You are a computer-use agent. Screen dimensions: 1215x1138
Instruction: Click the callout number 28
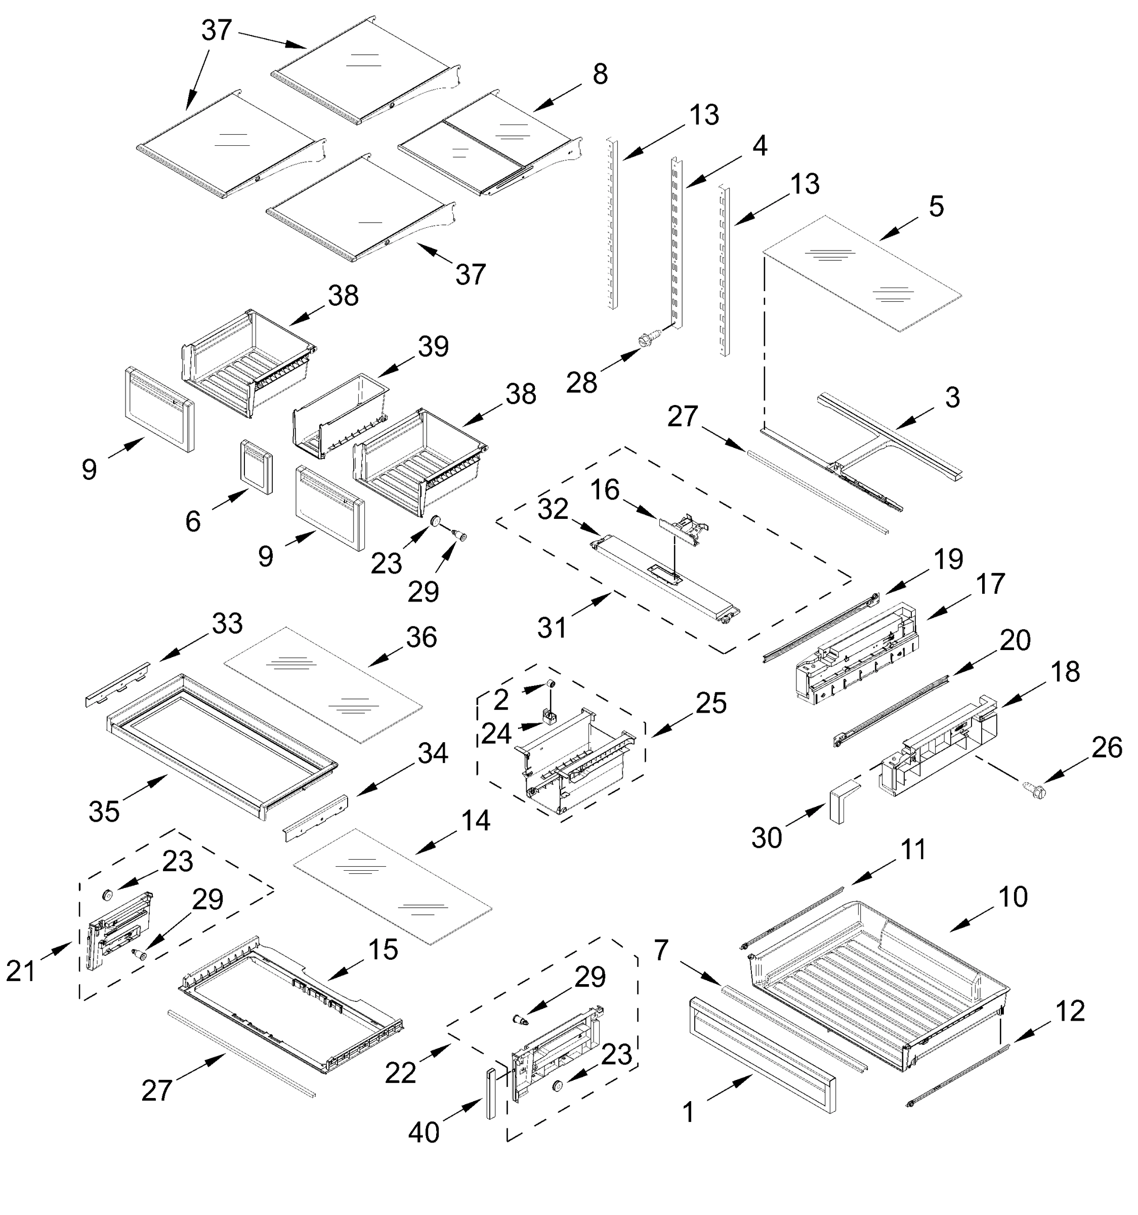pyautogui.click(x=581, y=384)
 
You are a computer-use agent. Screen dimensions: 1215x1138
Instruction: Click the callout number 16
pyautogui.click(x=605, y=490)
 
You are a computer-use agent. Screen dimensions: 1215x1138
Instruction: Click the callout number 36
pyautogui.click(x=421, y=638)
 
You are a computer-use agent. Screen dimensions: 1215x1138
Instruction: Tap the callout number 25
pyautogui.click(x=710, y=704)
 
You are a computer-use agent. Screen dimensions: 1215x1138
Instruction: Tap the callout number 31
pyautogui.click(x=552, y=628)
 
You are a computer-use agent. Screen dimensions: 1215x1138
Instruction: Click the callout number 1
pyautogui.click(x=689, y=1112)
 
